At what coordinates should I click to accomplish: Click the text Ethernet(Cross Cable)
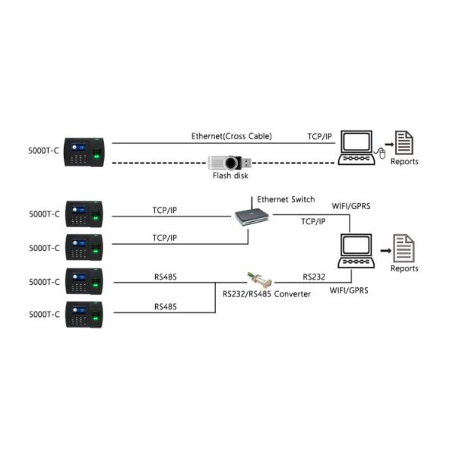click(x=231, y=137)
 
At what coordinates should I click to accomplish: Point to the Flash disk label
click(x=229, y=175)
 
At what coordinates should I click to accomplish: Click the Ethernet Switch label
click(x=286, y=199)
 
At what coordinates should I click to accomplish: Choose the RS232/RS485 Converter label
click(x=266, y=293)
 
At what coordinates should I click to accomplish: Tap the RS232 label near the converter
click(x=314, y=277)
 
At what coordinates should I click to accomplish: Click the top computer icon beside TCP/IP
click(x=356, y=147)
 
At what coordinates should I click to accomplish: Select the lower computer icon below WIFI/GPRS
click(x=355, y=251)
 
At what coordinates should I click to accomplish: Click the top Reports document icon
click(x=404, y=144)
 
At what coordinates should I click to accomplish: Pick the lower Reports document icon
click(x=404, y=248)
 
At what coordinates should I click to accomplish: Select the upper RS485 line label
click(x=166, y=277)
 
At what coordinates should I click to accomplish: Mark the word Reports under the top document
click(x=404, y=162)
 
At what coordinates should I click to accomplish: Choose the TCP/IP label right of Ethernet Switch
click(x=313, y=222)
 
